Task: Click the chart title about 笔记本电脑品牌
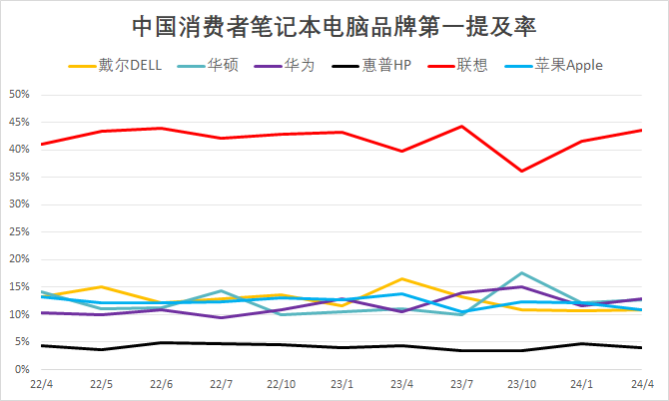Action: tap(334, 25)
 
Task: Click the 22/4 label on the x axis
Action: tap(42, 384)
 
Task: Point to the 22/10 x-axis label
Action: tap(282, 384)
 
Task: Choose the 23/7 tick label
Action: tap(461, 384)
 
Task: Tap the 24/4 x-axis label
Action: tap(641, 384)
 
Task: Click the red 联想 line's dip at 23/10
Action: tap(521, 172)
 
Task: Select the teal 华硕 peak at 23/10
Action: tap(521, 273)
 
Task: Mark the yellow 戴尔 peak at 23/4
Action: tap(401, 279)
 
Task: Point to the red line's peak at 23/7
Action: tap(461, 127)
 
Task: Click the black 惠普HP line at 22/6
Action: tap(162, 343)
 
